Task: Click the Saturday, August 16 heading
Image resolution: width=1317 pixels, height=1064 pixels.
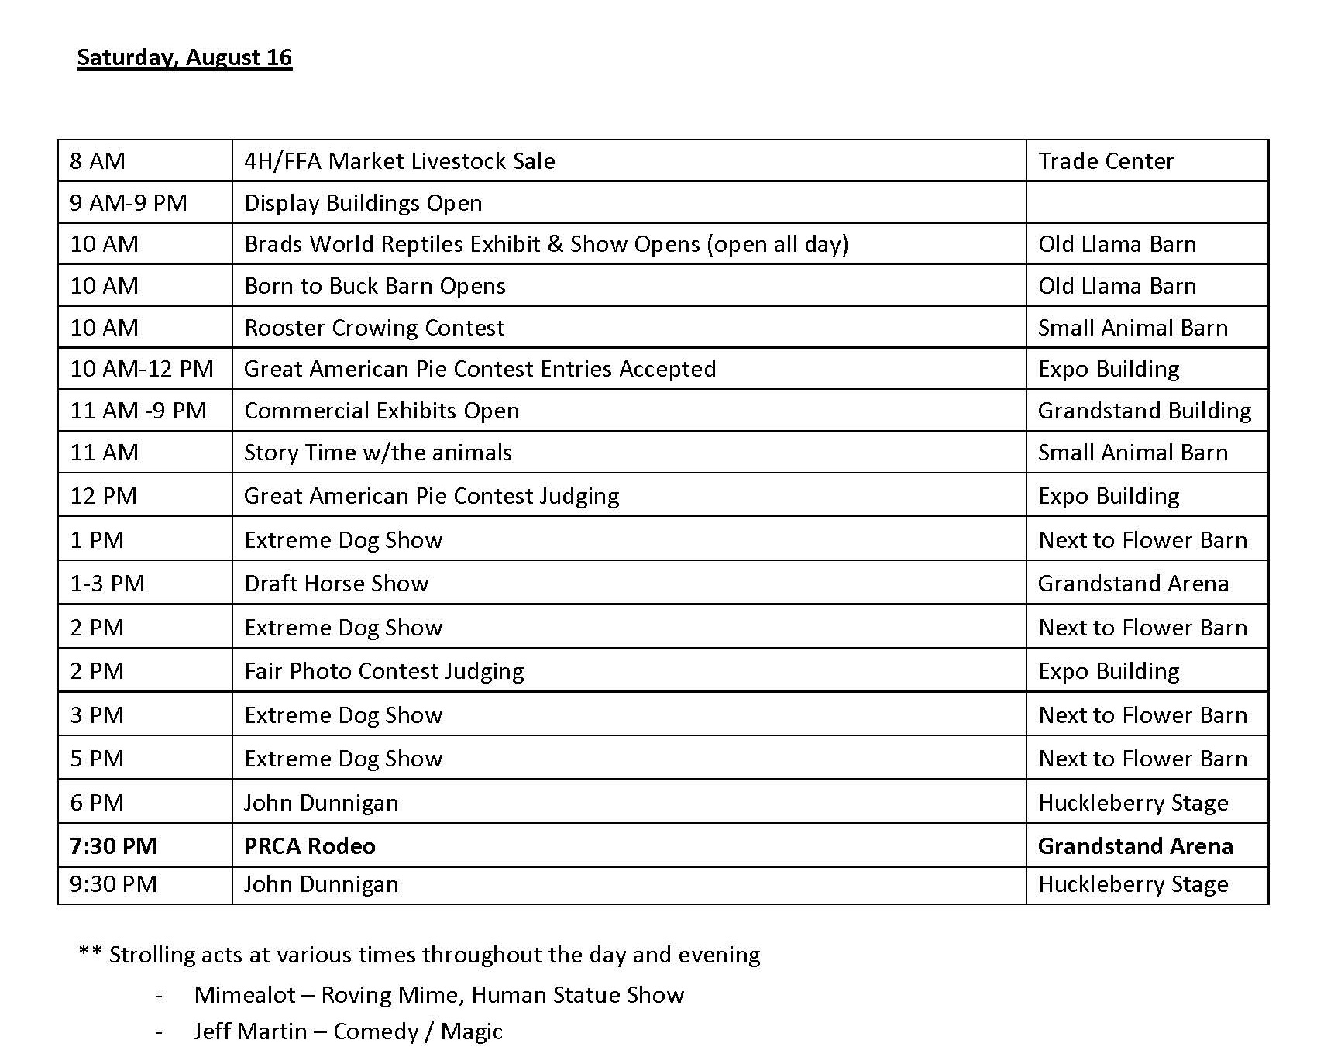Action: [184, 58]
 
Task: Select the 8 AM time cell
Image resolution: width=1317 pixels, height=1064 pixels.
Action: [98, 161]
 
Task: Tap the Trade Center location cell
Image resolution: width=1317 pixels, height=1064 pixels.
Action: [1106, 161]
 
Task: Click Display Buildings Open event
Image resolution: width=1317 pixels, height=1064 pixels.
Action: [363, 203]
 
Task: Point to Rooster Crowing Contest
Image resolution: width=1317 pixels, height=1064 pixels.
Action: [374, 328]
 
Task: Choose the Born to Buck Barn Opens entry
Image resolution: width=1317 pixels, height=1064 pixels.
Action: [375, 286]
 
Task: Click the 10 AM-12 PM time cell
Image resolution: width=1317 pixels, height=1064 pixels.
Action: [142, 369]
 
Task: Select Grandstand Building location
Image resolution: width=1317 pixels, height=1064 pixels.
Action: [1144, 411]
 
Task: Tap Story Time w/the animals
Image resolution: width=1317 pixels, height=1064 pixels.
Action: [378, 453]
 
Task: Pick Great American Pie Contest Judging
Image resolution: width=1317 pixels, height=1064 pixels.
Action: [432, 496]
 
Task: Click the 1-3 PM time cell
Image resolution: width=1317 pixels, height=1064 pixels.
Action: [108, 584]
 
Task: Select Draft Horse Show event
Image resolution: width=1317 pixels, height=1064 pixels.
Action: [336, 584]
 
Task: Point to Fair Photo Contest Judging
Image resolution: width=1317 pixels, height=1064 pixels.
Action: [384, 671]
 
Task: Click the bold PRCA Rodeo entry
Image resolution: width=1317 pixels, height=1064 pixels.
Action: [310, 846]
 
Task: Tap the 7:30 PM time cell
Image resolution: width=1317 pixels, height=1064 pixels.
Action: [113, 846]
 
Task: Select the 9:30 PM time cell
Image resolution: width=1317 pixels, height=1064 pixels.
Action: [113, 884]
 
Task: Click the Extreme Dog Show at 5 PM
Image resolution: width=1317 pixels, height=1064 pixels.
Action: [343, 759]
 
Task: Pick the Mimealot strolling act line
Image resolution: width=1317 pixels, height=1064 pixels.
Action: [439, 995]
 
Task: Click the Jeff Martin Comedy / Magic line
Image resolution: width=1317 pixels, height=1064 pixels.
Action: [348, 1031]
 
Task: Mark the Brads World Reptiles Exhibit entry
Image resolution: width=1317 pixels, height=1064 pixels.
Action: [546, 244]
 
